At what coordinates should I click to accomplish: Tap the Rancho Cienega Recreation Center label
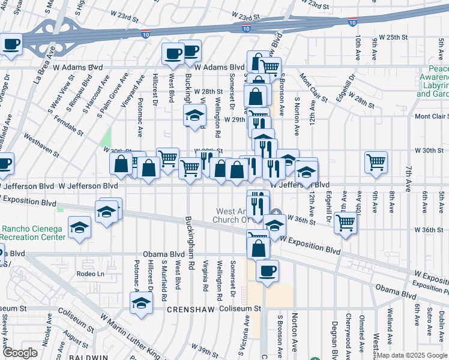[x=33, y=233]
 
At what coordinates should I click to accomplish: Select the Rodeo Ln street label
[x=91, y=274]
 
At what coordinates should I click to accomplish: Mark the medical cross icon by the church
[x=276, y=212]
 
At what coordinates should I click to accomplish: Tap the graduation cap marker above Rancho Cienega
[x=79, y=228]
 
